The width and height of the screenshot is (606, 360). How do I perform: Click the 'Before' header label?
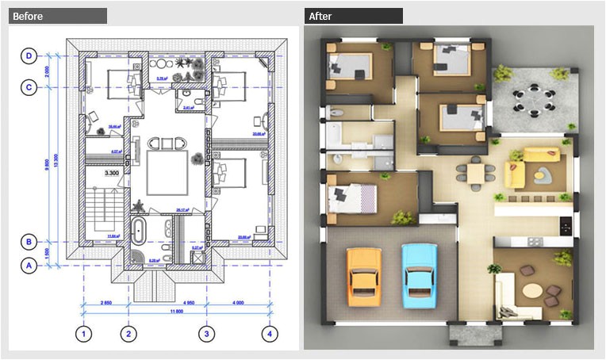29,16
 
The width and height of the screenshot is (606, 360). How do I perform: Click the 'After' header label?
321,16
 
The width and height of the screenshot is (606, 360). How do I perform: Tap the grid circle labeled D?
29,56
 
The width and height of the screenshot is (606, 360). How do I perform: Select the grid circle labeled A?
29,266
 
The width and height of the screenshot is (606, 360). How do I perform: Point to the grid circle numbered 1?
84,334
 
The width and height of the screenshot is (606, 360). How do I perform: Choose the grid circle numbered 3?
206,334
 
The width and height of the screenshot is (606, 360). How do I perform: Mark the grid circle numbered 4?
270,334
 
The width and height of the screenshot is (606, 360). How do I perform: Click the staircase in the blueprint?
102,209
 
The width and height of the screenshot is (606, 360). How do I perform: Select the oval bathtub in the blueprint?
140,233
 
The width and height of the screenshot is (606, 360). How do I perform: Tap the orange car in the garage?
362,275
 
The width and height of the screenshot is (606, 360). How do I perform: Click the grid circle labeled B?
29,241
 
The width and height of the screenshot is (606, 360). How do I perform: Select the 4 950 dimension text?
167,302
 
